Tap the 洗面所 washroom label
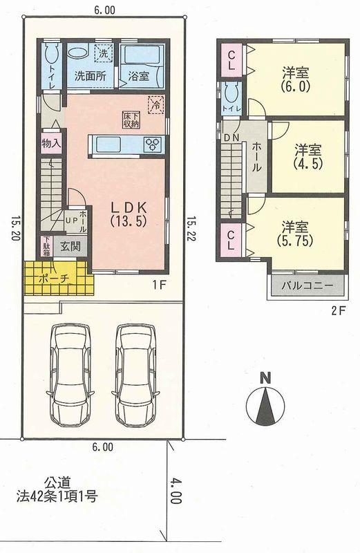90,77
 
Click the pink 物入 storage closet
49,144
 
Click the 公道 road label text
58,482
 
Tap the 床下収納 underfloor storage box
130,118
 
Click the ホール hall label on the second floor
256,156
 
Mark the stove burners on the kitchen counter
153,144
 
